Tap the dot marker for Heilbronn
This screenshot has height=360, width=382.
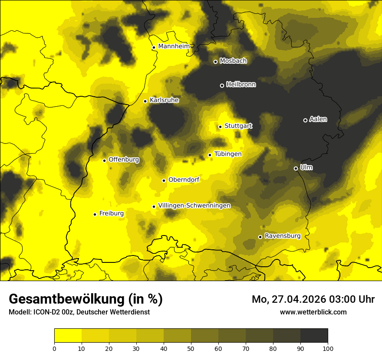(x=222, y=85)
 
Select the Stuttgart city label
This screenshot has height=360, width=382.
(x=238, y=126)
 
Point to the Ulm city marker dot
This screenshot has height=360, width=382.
(x=296, y=168)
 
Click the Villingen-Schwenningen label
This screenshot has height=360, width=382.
(x=194, y=206)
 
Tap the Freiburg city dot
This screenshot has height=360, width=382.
(x=95, y=214)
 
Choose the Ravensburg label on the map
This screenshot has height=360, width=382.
(x=283, y=236)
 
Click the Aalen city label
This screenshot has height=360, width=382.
(x=318, y=119)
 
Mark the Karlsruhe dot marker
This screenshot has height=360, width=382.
(x=145, y=101)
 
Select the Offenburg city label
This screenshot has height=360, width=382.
(x=124, y=160)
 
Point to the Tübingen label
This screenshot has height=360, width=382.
(x=228, y=154)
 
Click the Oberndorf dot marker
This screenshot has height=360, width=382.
(x=164, y=180)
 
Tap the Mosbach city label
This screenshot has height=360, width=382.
(x=233, y=61)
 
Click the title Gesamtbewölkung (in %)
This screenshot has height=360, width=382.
(x=86, y=299)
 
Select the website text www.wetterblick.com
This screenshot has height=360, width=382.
(x=313, y=312)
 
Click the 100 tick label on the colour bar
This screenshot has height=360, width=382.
(x=328, y=348)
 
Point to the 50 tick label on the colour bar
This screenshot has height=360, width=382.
(x=191, y=348)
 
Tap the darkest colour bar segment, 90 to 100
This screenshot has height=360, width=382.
(x=314, y=336)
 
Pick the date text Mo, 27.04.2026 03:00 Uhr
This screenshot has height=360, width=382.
(x=313, y=299)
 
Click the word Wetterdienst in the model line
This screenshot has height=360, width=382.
(x=130, y=312)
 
